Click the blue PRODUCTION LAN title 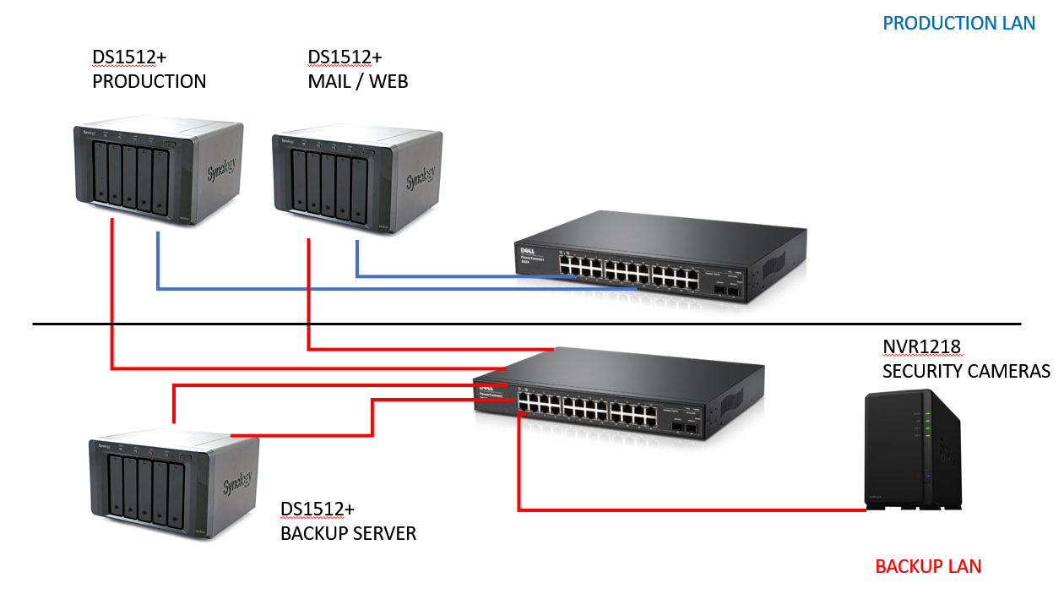click(958, 23)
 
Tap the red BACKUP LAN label click(928, 566)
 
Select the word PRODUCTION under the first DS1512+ click(149, 81)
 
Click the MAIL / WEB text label click(358, 81)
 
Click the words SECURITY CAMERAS click(966, 371)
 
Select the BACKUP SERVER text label click(348, 534)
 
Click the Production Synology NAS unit click(158, 167)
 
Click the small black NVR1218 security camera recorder click(914, 450)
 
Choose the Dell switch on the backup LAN click(616, 397)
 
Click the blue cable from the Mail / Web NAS click(456, 276)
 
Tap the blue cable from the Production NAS click(380, 290)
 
